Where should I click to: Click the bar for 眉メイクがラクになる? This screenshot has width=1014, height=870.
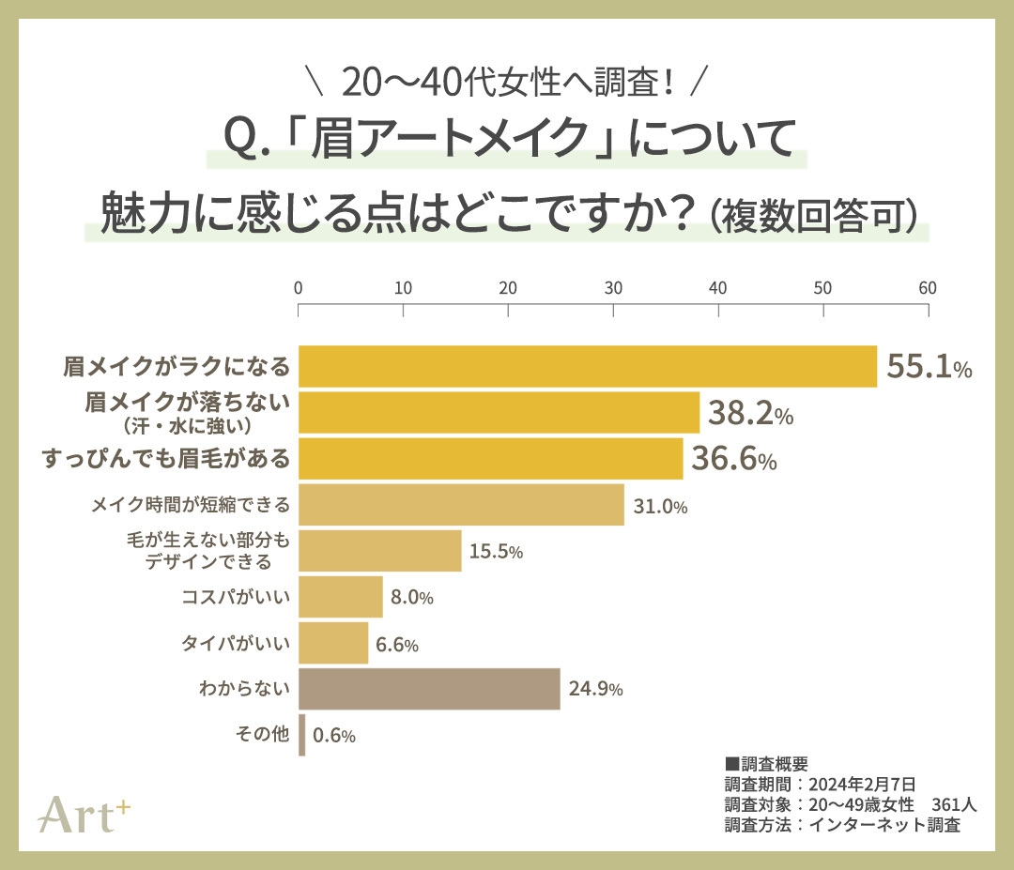tap(587, 366)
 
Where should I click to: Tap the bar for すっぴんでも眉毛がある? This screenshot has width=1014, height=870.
tap(490, 459)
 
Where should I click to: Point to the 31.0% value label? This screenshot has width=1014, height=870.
tap(660, 507)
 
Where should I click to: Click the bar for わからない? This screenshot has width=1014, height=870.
tap(429, 690)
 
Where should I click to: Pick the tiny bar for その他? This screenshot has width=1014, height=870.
tap(301, 735)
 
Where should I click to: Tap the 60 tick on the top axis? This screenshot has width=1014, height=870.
tap(928, 288)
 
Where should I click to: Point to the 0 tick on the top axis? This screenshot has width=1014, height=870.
tap(299, 288)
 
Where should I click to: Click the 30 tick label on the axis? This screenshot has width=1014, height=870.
tap(613, 288)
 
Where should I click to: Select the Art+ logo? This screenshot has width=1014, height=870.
tap(84, 813)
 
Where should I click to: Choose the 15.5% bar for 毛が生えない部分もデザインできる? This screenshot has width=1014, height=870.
tap(380, 551)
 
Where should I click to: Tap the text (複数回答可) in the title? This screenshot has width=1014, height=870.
tap(813, 214)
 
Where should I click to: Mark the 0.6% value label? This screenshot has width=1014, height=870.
tap(333, 737)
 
